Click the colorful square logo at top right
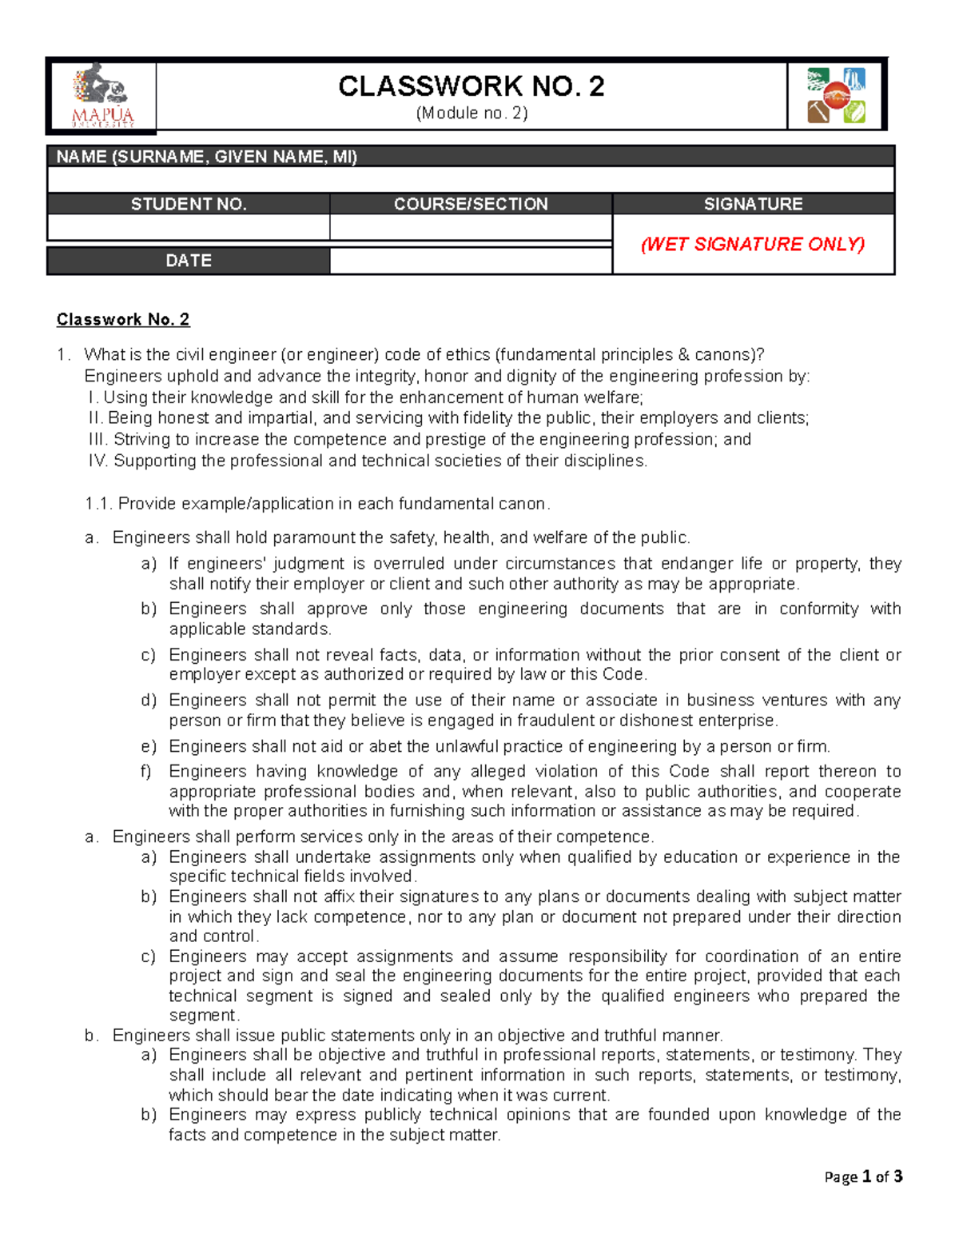coord(836,95)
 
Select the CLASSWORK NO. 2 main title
coord(471,86)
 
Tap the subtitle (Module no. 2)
coord(472,113)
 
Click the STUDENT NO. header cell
coord(189,204)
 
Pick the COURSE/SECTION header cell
coord(471,204)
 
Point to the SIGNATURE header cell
coord(753,204)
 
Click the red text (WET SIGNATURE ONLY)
coord(753,244)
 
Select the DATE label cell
coord(189,261)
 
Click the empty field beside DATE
coord(471,261)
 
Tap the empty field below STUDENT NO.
coord(189,227)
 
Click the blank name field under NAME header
coord(471,179)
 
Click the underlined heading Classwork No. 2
coord(123,320)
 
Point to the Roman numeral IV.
coord(98,461)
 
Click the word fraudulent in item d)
coord(555,721)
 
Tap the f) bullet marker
coord(147,772)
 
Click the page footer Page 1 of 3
coord(863,1176)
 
